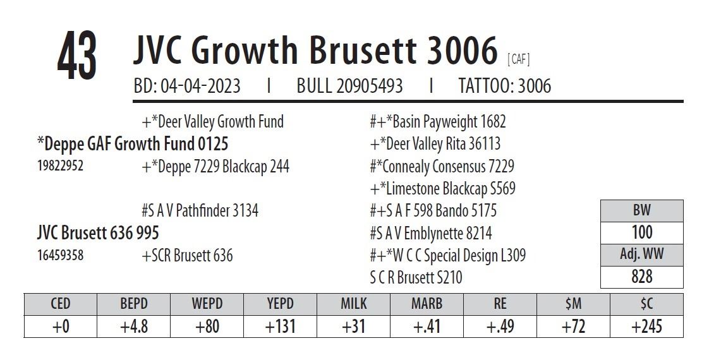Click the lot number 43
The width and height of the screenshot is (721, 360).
(77, 56)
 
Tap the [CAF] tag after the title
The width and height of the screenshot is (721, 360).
(519, 60)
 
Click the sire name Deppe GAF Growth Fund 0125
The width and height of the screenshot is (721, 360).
(133, 144)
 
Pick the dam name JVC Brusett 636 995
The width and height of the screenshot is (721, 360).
(98, 233)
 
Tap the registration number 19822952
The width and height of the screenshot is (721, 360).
(61, 166)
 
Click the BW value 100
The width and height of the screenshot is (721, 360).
(641, 232)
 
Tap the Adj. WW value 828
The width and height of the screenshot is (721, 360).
(641, 277)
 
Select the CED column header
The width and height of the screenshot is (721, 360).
(61, 304)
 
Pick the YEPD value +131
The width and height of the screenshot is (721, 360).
(280, 327)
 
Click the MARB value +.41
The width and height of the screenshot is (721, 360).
(427, 327)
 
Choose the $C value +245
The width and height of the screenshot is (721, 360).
(646, 327)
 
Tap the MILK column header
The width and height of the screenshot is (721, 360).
(353, 304)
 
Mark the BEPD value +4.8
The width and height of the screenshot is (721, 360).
(133, 327)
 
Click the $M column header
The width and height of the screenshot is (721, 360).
(573, 304)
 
